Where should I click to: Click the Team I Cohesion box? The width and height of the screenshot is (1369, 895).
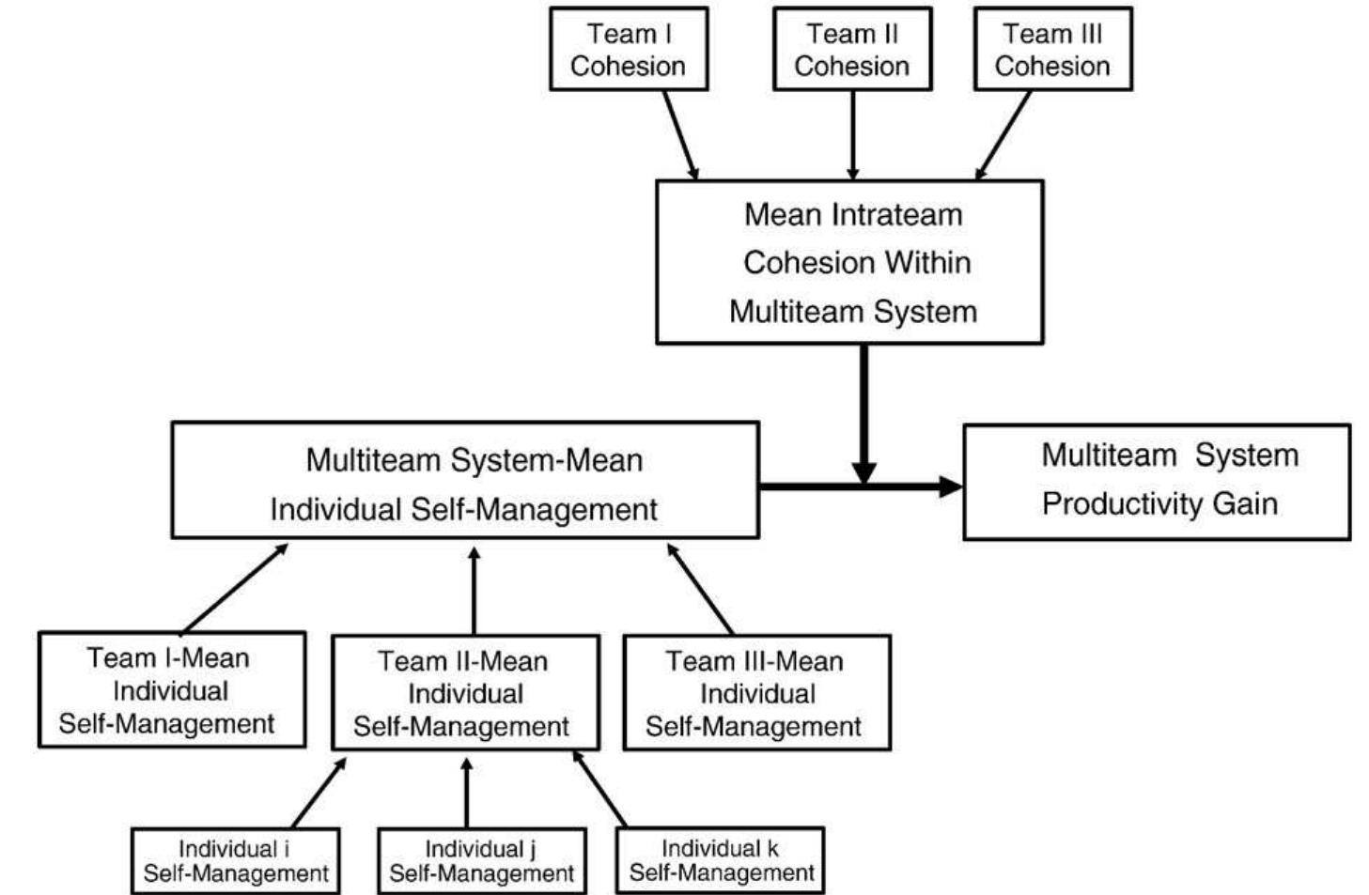pos(628,49)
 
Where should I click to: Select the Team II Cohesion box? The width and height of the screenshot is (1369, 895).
pos(851,49)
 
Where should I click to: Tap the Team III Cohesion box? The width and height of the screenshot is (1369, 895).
pos(1052,49)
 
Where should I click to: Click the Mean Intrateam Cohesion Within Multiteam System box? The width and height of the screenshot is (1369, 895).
pos(848,262)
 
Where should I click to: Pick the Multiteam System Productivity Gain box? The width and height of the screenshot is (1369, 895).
pos(1156,481)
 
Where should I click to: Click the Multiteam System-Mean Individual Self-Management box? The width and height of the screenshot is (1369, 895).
pos(464,481)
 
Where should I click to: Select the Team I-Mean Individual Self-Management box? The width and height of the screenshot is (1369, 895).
pos(171,690)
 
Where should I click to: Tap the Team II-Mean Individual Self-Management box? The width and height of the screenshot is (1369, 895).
pos(464,693)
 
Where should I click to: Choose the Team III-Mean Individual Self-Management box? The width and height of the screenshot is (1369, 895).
pos(756,693)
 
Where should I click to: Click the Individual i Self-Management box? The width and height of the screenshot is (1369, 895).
pos(235,861)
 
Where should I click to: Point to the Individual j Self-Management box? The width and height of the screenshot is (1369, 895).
pos(481,861)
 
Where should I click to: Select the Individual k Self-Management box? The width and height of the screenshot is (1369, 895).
pos(721,860)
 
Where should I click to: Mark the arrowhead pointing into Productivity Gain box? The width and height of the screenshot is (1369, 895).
pos(951,486)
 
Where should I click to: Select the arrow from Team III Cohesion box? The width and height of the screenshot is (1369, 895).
pos(1003,133)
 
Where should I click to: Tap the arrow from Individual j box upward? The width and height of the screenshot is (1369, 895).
pos(467,794)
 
